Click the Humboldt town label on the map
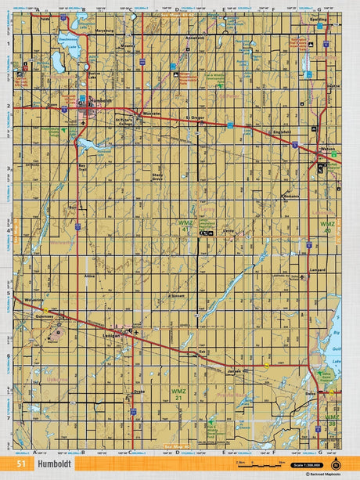click(103, 100)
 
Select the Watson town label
click(328, 150)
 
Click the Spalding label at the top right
click(318, 19)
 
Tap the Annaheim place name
click(195, 37)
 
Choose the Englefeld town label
click(282, 132)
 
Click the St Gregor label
click(195, 118)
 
